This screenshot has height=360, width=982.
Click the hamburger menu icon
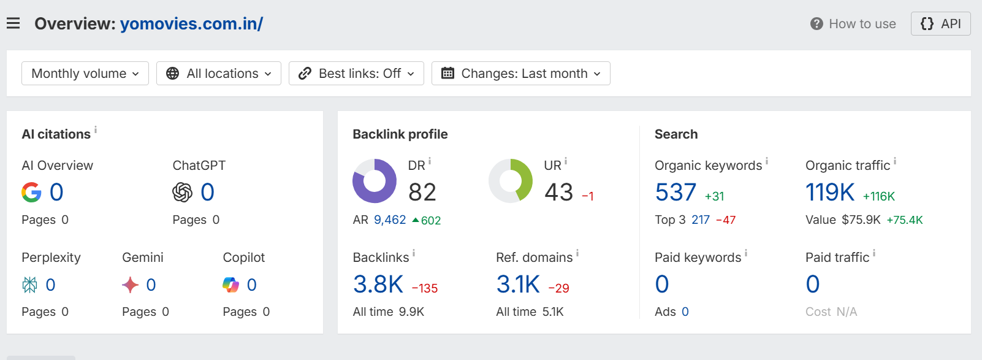[x=13, y=23]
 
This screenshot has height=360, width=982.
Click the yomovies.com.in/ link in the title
[x=192, y=24]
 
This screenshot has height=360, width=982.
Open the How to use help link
[x=853, y=24]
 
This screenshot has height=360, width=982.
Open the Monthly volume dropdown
[x=85, y=73]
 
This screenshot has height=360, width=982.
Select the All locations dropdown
[x=219, y=73]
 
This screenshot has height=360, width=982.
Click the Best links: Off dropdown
[x=356, y=73]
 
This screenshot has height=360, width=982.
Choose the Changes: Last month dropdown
[x=521, y=73]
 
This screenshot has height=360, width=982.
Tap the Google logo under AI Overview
[x=31, y=192]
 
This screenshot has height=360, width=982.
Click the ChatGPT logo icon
[x=183, y=192]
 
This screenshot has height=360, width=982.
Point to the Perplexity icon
[x=30, y=285]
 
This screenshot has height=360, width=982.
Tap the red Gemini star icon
[x=130, y=285]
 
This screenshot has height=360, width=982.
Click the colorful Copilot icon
[x=230, y=285]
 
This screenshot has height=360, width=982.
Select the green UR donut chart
[x=525, y=181]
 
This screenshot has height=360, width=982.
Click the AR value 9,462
[x=390, y=220]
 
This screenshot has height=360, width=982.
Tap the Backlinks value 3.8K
[x=378, y=284]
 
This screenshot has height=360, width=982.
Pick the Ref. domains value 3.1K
[x=518, y=284]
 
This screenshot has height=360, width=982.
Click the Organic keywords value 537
[x=676, y=192]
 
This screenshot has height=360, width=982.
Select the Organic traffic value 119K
[x=830, y=192]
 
